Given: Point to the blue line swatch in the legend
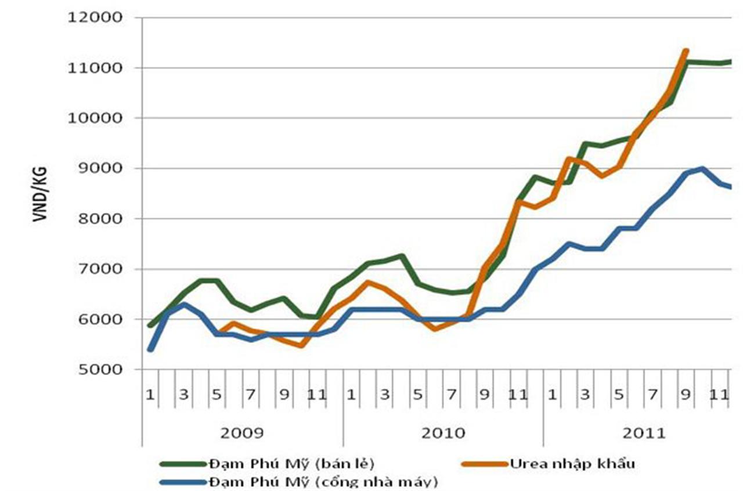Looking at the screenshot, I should click(x=183, y=481).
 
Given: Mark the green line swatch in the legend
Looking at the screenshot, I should click(x=183, y=463).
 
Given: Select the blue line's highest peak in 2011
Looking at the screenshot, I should click(x=702, y=169).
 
